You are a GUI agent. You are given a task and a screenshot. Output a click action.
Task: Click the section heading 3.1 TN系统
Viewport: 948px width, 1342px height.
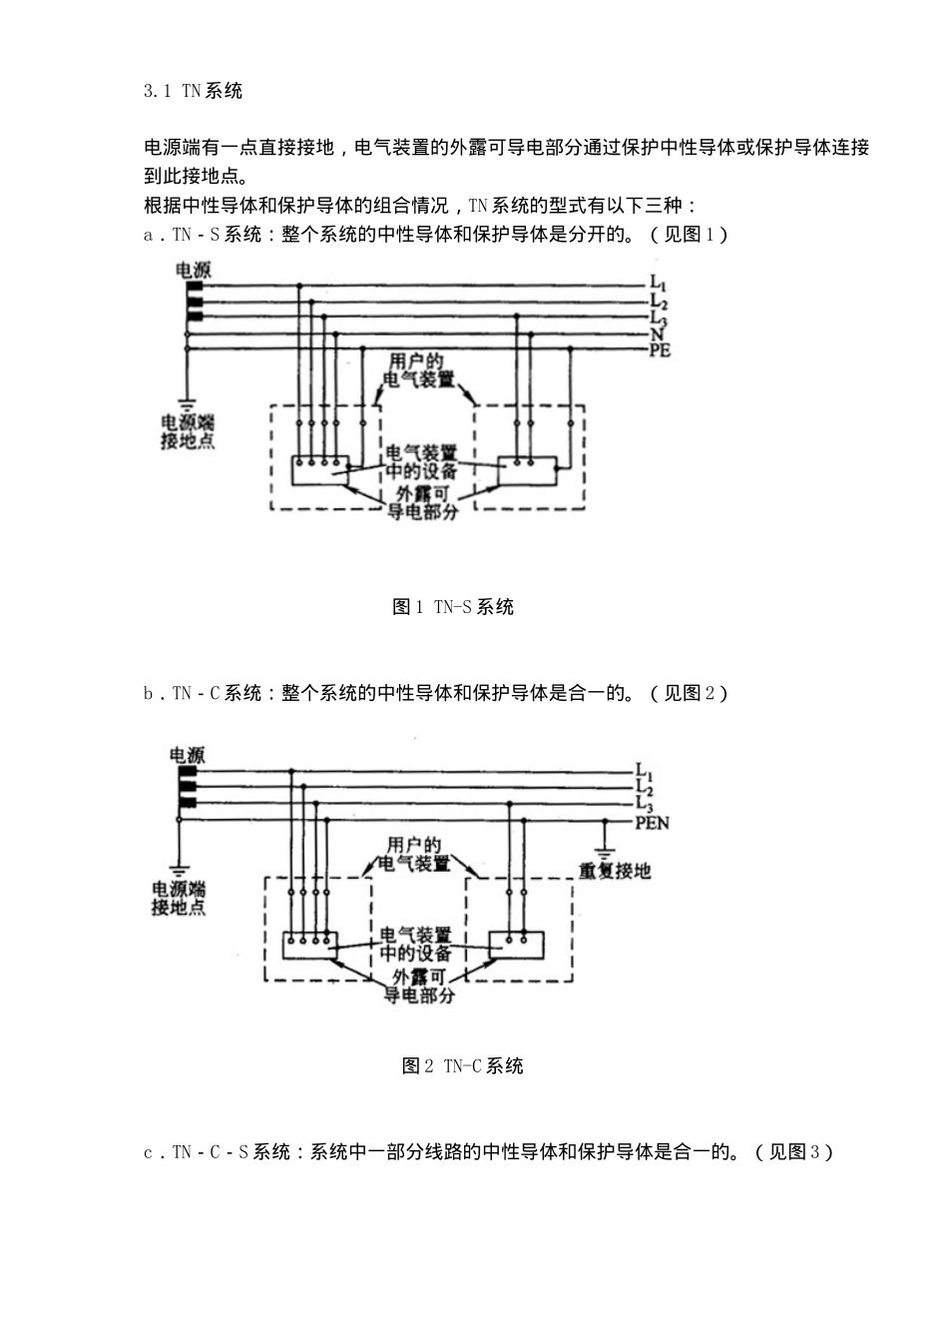point(193,91)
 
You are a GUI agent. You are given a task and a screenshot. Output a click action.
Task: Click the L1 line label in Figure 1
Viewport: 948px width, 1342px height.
point(659,284)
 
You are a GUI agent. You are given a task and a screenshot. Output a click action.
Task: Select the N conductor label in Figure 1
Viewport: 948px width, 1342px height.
point(657,335)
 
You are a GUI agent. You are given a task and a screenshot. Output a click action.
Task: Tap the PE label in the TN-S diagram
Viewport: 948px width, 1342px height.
point(661,350)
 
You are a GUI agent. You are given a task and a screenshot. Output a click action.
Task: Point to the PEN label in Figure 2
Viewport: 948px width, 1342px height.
point(653,823)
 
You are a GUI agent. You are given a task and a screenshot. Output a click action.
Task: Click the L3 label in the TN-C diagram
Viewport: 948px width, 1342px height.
point(645,805)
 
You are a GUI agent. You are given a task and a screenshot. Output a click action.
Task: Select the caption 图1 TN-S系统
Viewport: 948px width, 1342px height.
point(453,607)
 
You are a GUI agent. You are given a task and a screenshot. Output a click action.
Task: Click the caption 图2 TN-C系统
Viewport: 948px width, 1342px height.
point(463,1066)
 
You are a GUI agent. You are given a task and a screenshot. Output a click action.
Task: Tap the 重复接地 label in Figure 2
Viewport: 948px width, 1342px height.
point(615,872)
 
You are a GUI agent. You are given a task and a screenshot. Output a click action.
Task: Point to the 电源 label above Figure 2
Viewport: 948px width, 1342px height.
point(187,756)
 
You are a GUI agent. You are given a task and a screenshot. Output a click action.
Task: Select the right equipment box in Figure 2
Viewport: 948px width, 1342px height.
point(517,944)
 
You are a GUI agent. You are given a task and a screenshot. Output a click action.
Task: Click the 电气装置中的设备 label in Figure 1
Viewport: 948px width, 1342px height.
point(422,462)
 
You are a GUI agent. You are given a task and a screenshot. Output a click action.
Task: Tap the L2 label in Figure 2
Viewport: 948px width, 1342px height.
point(645,788)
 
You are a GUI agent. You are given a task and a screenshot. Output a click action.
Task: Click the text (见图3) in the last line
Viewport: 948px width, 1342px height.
point(793,1152)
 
